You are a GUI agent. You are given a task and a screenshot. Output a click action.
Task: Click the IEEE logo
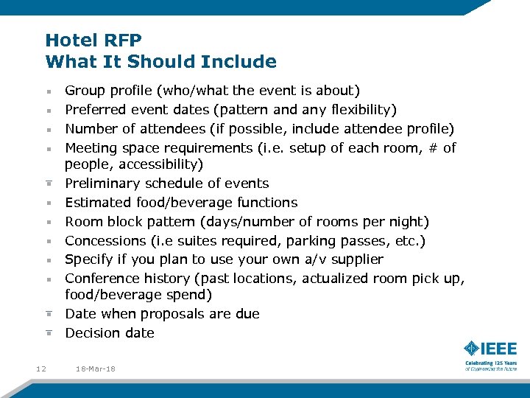coord(490,349)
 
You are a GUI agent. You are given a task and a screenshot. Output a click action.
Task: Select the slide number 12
coord(40,369)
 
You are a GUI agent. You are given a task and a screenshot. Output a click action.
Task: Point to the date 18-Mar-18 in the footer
coord(95,369)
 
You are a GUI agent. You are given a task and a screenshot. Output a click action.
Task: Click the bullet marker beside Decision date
coord(47,333)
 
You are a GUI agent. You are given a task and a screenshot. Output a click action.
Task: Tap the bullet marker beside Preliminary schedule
coord(47,184)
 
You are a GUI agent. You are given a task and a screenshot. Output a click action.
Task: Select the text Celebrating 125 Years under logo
coord(490,363)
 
